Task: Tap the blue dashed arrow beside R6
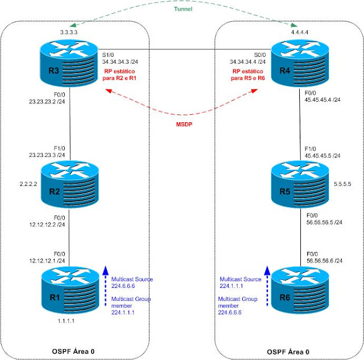(267, 284)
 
